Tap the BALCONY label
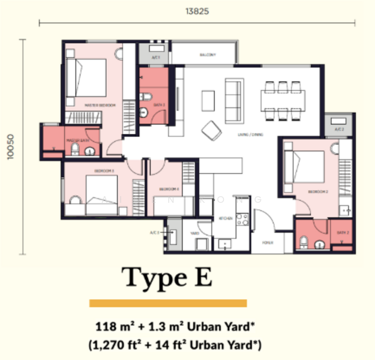coord(207,55)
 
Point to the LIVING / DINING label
coord(250,135)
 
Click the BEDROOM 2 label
coord(317,191)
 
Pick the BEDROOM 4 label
coord(169,190)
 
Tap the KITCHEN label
coord(225,218)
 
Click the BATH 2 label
coord(342,233)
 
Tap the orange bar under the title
coord(168,303)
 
